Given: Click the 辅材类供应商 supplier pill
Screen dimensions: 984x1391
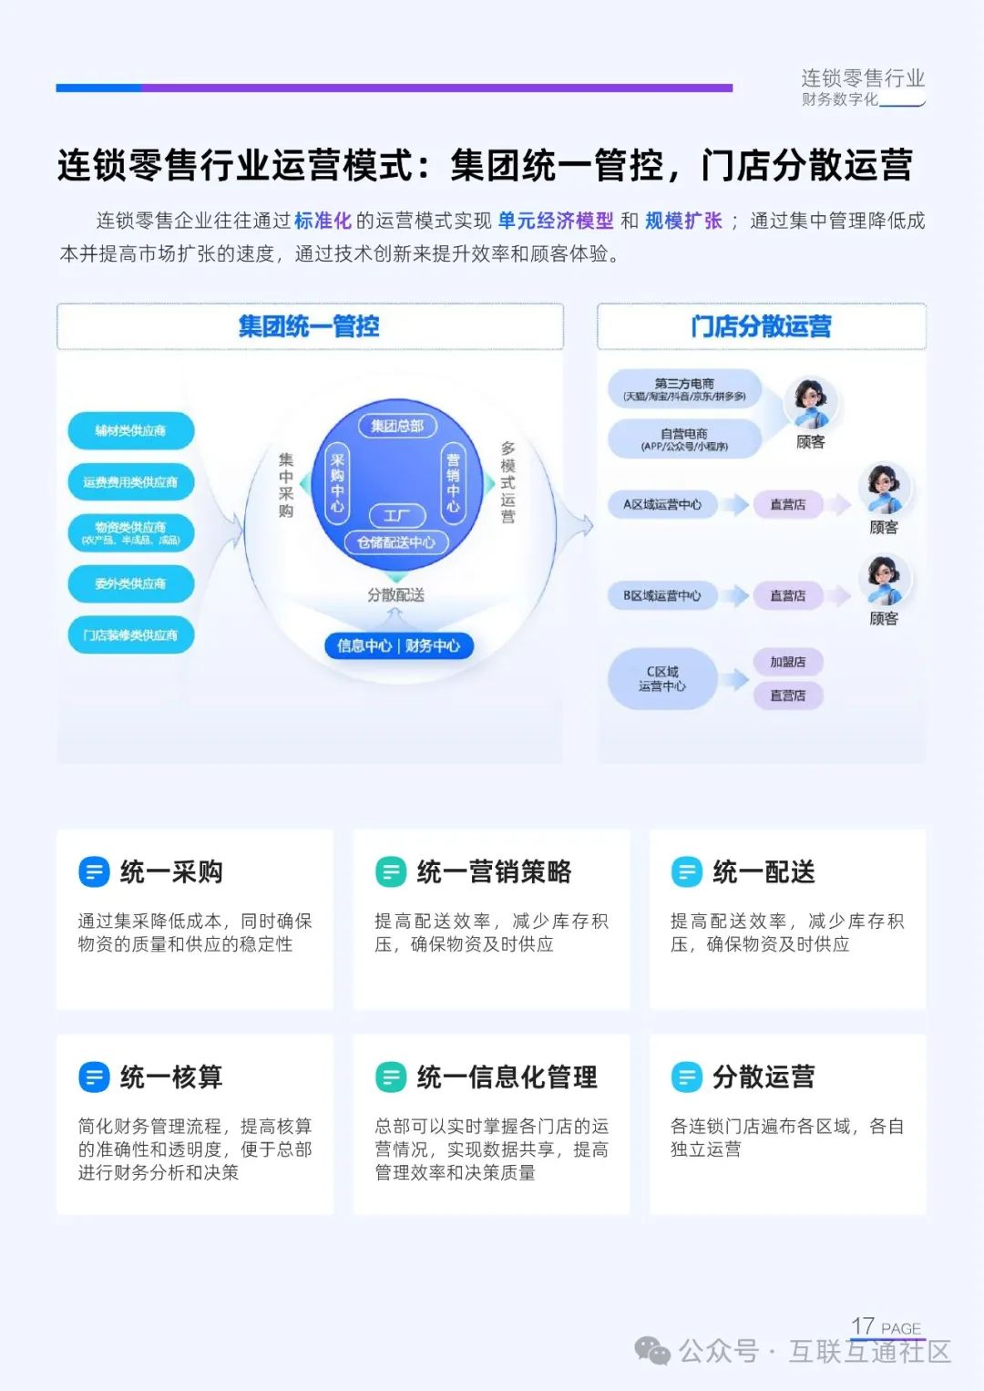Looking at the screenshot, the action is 131,430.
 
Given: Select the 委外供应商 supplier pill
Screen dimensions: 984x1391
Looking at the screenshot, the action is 131,583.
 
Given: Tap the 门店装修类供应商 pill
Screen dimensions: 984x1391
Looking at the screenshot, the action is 131,634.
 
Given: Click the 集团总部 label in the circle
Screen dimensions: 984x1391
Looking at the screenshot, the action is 397,426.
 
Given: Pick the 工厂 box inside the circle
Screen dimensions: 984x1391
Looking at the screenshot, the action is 396,516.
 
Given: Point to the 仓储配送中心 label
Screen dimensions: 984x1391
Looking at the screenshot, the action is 396,542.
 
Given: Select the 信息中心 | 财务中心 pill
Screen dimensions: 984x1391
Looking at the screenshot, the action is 398,645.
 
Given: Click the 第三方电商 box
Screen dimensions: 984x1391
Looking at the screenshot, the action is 684,389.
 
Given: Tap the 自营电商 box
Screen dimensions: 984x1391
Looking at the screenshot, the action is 684,439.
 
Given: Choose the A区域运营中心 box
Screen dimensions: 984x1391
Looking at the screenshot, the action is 662,504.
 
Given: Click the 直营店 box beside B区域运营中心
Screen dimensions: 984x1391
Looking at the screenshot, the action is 788,595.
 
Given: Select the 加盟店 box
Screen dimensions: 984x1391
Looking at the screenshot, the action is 788,662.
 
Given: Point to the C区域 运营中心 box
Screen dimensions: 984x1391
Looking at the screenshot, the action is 662,679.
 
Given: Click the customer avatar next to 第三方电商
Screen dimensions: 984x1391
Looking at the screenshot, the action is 810,404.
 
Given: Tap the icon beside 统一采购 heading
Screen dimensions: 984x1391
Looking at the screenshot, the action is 94,872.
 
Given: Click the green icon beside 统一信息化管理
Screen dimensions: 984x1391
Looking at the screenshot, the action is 391,1077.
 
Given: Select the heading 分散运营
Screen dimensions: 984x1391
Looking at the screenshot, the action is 764,1077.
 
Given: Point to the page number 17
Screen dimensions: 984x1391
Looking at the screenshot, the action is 863,1325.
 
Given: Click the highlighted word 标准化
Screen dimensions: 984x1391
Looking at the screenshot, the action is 323,221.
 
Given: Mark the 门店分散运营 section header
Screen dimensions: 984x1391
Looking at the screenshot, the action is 761,326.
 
